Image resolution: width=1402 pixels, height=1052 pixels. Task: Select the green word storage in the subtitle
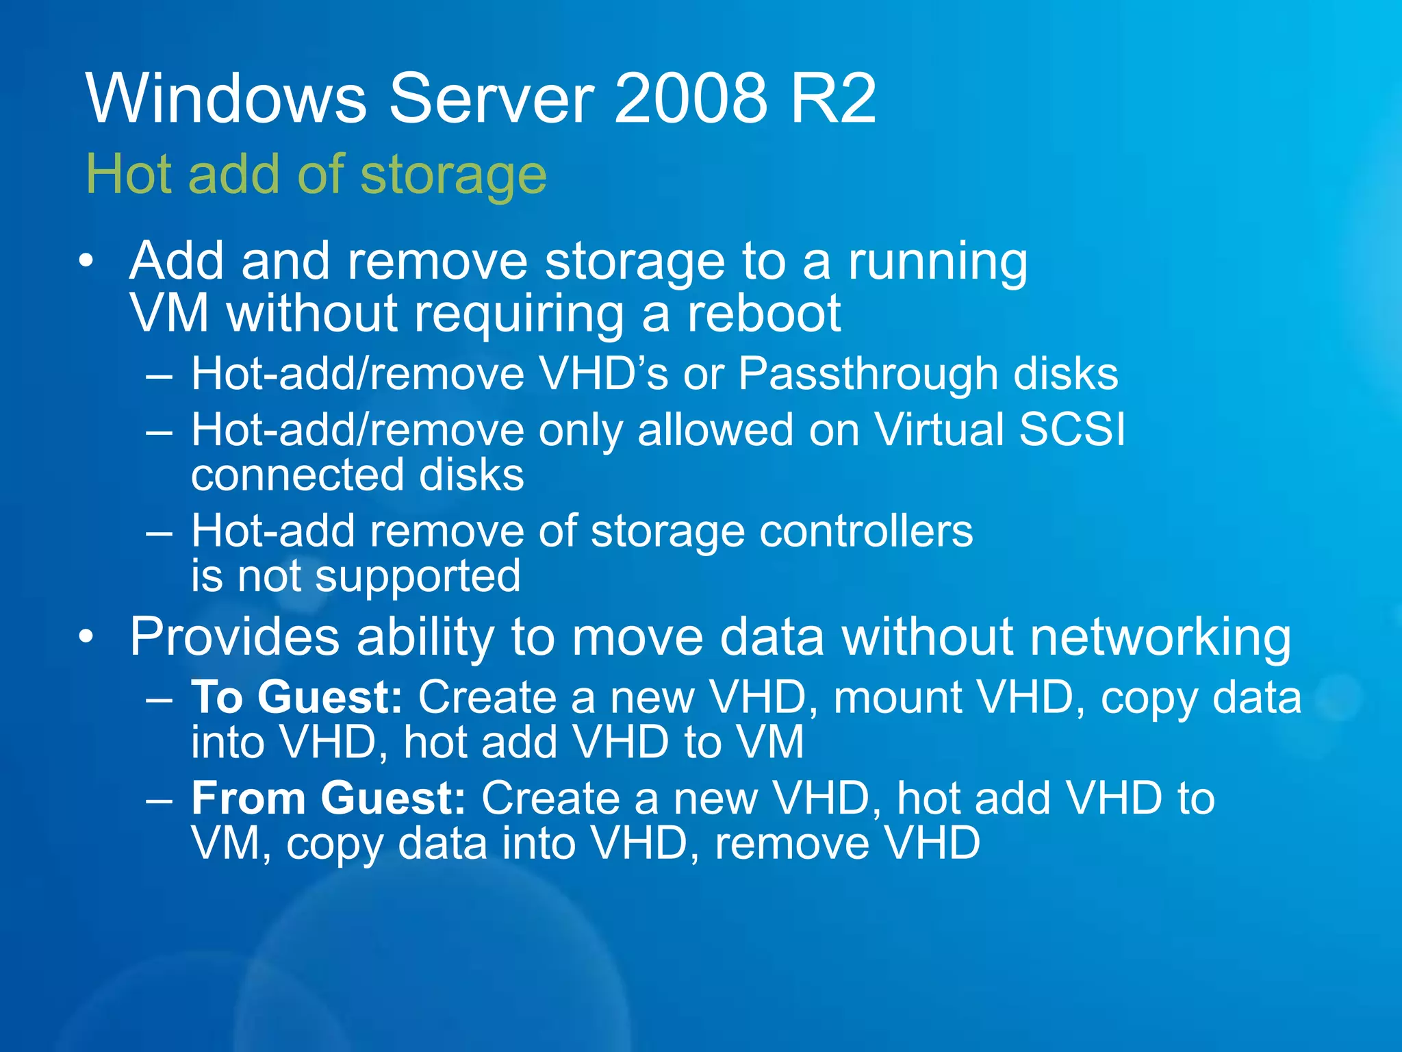point(453,176)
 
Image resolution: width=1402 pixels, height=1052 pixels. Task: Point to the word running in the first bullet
point(938,263)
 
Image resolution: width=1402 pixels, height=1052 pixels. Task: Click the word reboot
point(764,314)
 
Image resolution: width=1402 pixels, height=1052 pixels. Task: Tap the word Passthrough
point(868,375)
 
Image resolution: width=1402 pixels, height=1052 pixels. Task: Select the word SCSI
point(1071,430)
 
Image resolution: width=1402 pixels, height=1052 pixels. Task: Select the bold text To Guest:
point(296,698)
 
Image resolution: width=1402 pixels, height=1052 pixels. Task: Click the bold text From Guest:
point(329,799)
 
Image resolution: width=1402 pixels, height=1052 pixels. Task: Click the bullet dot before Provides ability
point(86,637)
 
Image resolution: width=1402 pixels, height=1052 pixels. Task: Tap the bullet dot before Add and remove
point(86,261)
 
